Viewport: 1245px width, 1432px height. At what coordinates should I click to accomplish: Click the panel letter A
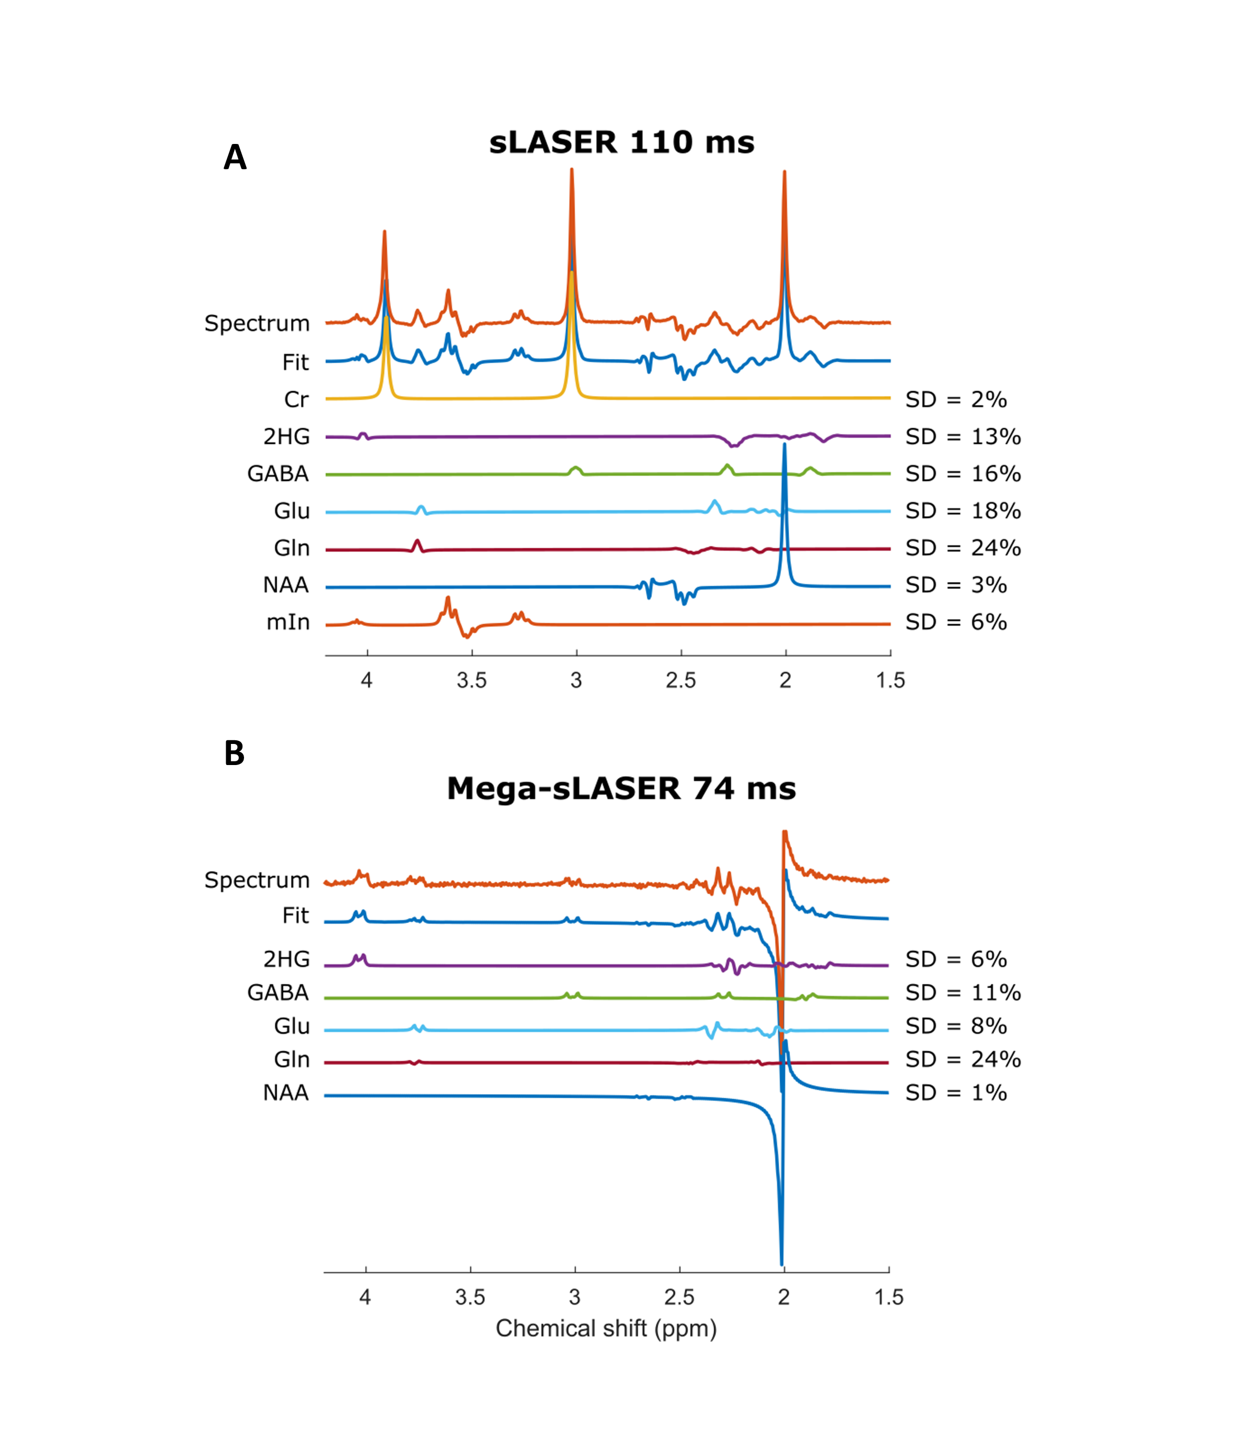tap(235, 157)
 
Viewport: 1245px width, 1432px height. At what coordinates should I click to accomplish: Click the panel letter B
tap(234, 753)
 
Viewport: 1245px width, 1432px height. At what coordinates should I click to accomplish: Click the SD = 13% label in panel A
tap(962, 437)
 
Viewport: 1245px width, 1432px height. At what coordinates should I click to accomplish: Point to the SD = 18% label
tap(962, 511)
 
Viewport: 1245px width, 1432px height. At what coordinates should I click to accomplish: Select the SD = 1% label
tap(955, 1093)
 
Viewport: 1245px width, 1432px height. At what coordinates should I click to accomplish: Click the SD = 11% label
tap(962, 993)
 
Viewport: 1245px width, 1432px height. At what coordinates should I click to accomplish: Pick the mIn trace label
tap(288, 623)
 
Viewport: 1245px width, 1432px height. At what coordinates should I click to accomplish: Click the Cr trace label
tap(296, 400)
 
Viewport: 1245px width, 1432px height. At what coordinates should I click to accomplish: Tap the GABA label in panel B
tap(278, 993)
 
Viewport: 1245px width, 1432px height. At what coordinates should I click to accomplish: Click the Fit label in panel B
tap(295, 916)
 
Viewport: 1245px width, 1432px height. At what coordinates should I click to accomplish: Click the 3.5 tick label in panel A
tap(471, 681)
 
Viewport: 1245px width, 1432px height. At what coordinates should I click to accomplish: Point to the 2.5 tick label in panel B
tap(679, 1297)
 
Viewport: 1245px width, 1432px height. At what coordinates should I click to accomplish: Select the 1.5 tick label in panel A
tap(890, 681)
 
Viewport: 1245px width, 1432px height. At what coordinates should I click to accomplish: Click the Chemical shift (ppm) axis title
tap(606, 1329)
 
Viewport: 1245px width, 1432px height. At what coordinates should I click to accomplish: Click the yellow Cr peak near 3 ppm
tap(571, 275)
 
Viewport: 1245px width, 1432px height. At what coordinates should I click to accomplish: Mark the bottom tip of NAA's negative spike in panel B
tap(782, 1264)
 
